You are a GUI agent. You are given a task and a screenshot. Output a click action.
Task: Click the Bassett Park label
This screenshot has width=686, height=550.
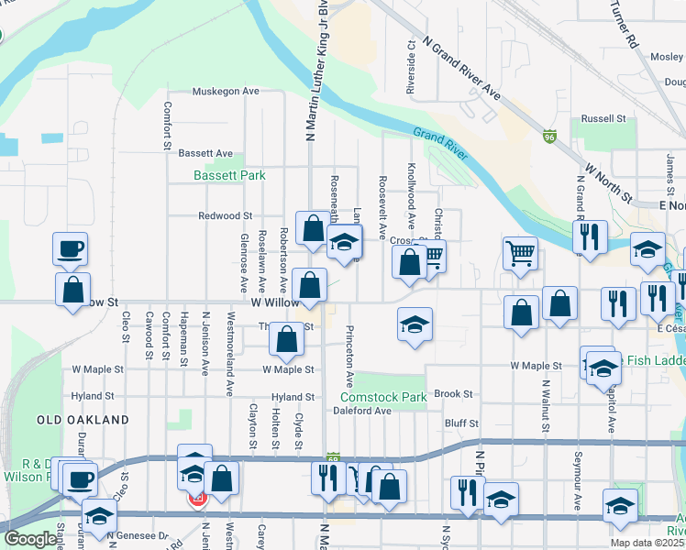point(228,175)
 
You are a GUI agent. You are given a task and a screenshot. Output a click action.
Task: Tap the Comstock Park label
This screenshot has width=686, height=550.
point(383,398)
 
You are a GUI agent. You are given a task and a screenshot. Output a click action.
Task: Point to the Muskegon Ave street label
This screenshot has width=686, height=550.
point(226,92)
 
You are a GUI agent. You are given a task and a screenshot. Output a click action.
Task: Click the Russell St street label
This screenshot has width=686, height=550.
point(603,119)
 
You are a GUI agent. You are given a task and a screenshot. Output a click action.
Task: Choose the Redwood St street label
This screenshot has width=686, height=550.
point(225,216)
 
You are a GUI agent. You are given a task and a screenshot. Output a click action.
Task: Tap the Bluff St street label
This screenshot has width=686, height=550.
point(461,423)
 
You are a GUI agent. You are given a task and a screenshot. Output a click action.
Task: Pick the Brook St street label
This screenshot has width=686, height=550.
point(453,394)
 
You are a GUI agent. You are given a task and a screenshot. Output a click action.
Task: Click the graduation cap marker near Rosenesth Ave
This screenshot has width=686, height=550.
point(344,243)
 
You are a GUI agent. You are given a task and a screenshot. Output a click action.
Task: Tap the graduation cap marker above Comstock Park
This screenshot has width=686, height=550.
point(415,324)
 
